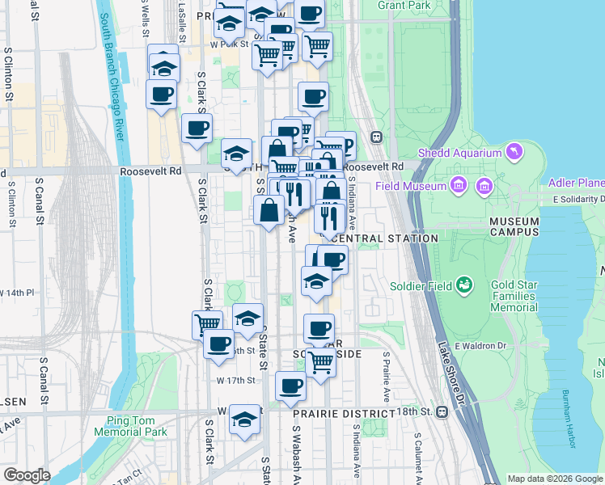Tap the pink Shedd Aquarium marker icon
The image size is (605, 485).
514,151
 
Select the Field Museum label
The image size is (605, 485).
411,186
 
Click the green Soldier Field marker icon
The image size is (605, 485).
464,285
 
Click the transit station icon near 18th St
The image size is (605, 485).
442,412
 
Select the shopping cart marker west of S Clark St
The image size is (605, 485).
207,323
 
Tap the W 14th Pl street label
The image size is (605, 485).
18,292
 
